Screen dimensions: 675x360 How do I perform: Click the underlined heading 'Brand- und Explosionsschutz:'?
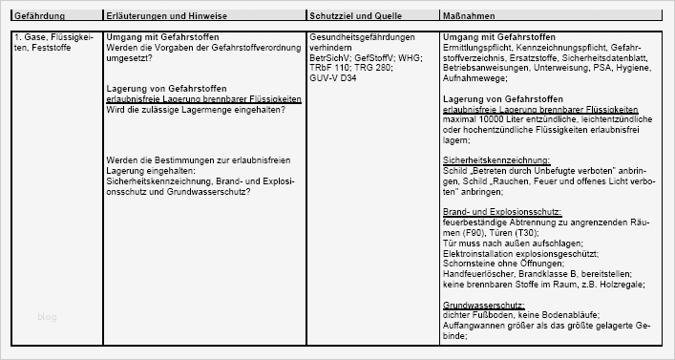pos(502,210)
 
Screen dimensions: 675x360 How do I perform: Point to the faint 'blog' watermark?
pos(48,316)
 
